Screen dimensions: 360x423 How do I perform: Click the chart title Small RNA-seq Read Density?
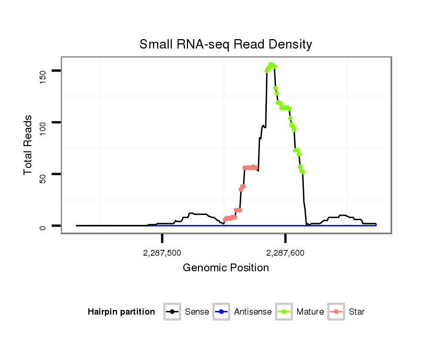(x=226, y=44)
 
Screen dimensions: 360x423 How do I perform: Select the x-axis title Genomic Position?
(x=226, y=268)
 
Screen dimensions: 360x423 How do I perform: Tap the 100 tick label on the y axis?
(x=42, y=123)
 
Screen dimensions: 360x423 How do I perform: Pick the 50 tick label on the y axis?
(x=42, y=174)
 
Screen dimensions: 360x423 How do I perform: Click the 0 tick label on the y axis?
(x=42, y=226)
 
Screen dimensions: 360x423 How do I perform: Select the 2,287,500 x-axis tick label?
(x=162, y=253)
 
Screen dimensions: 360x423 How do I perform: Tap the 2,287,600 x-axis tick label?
(x=285, y=253)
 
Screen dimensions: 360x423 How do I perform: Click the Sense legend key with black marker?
(x=172, y=312)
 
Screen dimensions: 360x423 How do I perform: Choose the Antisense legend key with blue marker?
(x=221, y=312)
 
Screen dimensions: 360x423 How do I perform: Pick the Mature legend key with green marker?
(x=284, y=312)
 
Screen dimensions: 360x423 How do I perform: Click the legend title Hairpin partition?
(x=121, y=312)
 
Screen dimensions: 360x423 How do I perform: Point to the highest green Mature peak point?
(x=271, y=65)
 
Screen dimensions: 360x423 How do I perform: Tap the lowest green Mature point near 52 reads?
(x=302, y=172)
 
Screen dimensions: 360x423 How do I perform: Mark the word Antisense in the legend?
(x=253, y=312)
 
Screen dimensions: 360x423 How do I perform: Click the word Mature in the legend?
(x=310, y=312)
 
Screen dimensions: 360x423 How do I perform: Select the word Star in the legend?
(x=357, y=312)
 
